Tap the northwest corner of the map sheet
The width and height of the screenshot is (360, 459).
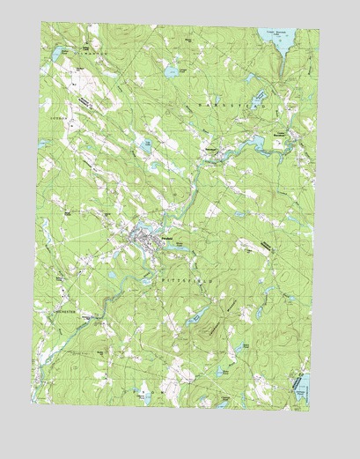tap(42, 24)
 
